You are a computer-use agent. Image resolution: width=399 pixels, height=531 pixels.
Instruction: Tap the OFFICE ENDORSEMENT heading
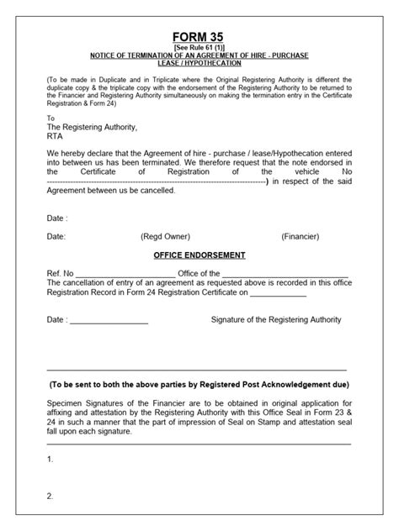click(199, 254)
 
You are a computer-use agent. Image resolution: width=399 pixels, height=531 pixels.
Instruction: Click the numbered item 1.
click(51, 460)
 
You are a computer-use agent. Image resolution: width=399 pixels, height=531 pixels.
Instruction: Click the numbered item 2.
click(51, 496)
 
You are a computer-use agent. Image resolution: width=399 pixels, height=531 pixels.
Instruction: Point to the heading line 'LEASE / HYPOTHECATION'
click(199, 63)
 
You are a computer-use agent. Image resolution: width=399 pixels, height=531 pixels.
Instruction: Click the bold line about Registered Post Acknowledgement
click(199, 384)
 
